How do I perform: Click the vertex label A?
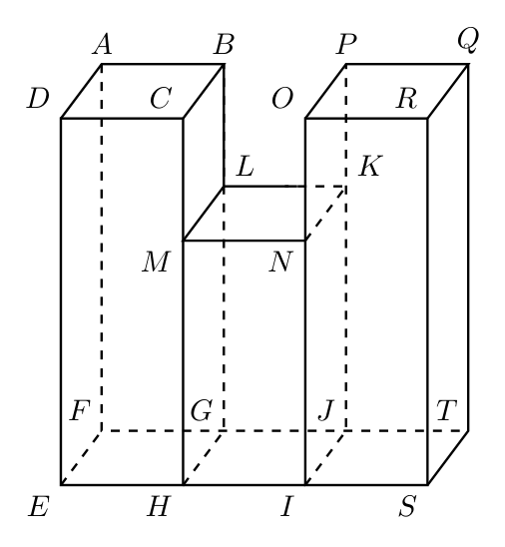click(x=102, y=45)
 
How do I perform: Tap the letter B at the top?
click(x=224, y=45)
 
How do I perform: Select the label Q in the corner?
click(x=468, y=41)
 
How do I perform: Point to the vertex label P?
click(x=346, y=45)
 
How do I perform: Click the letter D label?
click(x=38, y=99)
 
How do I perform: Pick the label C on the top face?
click(x=161, y=99)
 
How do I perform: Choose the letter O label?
click(x=282, y=99)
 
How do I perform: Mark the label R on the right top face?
click(x=406, y=99)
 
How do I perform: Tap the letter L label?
click(x=245, y=166)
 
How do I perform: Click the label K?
click(x=370, y=166)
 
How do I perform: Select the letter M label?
click(x=156, y=262)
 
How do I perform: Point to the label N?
click(x=280, y=262)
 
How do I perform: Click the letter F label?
click(x=80, y=410)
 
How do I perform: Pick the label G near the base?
click(x=202, y=410)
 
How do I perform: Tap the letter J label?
click(x=326, y=410)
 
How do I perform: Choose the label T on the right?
click(x=446, y=410)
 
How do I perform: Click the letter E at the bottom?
click(x=38, y=506)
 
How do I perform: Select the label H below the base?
click(x=159, y=506)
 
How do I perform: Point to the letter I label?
click(x=286, y=506)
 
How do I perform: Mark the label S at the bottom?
click(x=407, y=506)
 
